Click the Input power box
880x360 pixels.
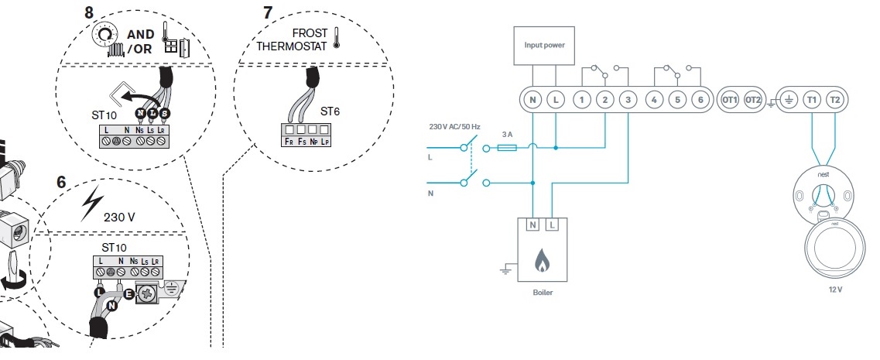pyautogui.click(x=544, y=45)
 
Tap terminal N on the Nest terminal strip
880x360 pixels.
pyautogui.click(x=532, y=100)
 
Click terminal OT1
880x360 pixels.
pyautogui.click(x=729, y=100)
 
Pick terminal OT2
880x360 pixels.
pyautogui.click(x=753, y=100)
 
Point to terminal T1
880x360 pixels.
pyautogui.click(x=811, y=100)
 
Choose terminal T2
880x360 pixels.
pyautogui.click(x=834, y=100)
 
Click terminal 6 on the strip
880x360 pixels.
pyautogui.click(x=700, y=100)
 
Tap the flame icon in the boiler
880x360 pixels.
pyautogui.click(x=543, y=262)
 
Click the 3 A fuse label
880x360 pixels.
pyautogui.click(x=508, y=133)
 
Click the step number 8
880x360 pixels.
pyautogui.click(x=88, y=12)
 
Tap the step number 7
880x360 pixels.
pyautogui.click(x=268, y=12)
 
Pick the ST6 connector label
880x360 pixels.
pyautogui.click(x=329, y=112)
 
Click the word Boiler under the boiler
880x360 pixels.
pyautogui.click(x=543, y=293)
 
